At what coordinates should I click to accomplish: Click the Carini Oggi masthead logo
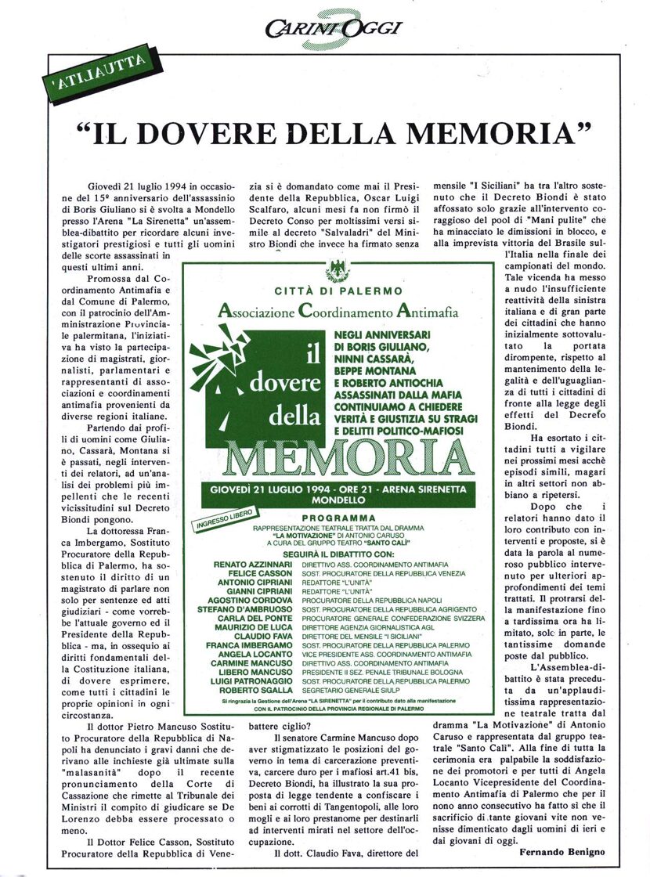(x=333, y=29)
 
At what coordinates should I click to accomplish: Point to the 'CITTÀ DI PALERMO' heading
(x=339, y=291)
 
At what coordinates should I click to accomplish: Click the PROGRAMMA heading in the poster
(x=339, y=518)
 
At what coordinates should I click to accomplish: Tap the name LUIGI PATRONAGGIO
(x=248, y=680)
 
